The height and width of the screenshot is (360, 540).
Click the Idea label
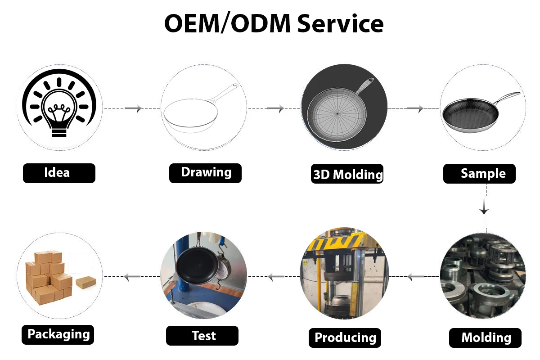[59, 173]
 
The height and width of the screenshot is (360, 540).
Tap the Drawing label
[205, 173]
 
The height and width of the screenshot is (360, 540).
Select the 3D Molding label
[347, 174]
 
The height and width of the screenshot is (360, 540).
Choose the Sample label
[480, 174]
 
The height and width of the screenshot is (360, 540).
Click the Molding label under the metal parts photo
[486, 337]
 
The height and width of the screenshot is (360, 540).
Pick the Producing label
[345, 337]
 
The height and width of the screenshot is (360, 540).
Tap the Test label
[202, 336]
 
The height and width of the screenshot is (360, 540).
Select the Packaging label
[58, 334]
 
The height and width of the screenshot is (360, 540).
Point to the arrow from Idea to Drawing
[134, 108]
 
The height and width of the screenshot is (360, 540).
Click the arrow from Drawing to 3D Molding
[275, 108]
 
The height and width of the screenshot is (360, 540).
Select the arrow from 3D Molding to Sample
[415, 108]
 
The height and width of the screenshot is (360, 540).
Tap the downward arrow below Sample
[484, 210]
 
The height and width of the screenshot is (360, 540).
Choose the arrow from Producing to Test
[276, 277]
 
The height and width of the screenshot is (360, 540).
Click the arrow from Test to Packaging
[132, 277]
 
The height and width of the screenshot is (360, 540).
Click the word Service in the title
[340, 23]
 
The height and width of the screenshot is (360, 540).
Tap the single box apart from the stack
[85, 283]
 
